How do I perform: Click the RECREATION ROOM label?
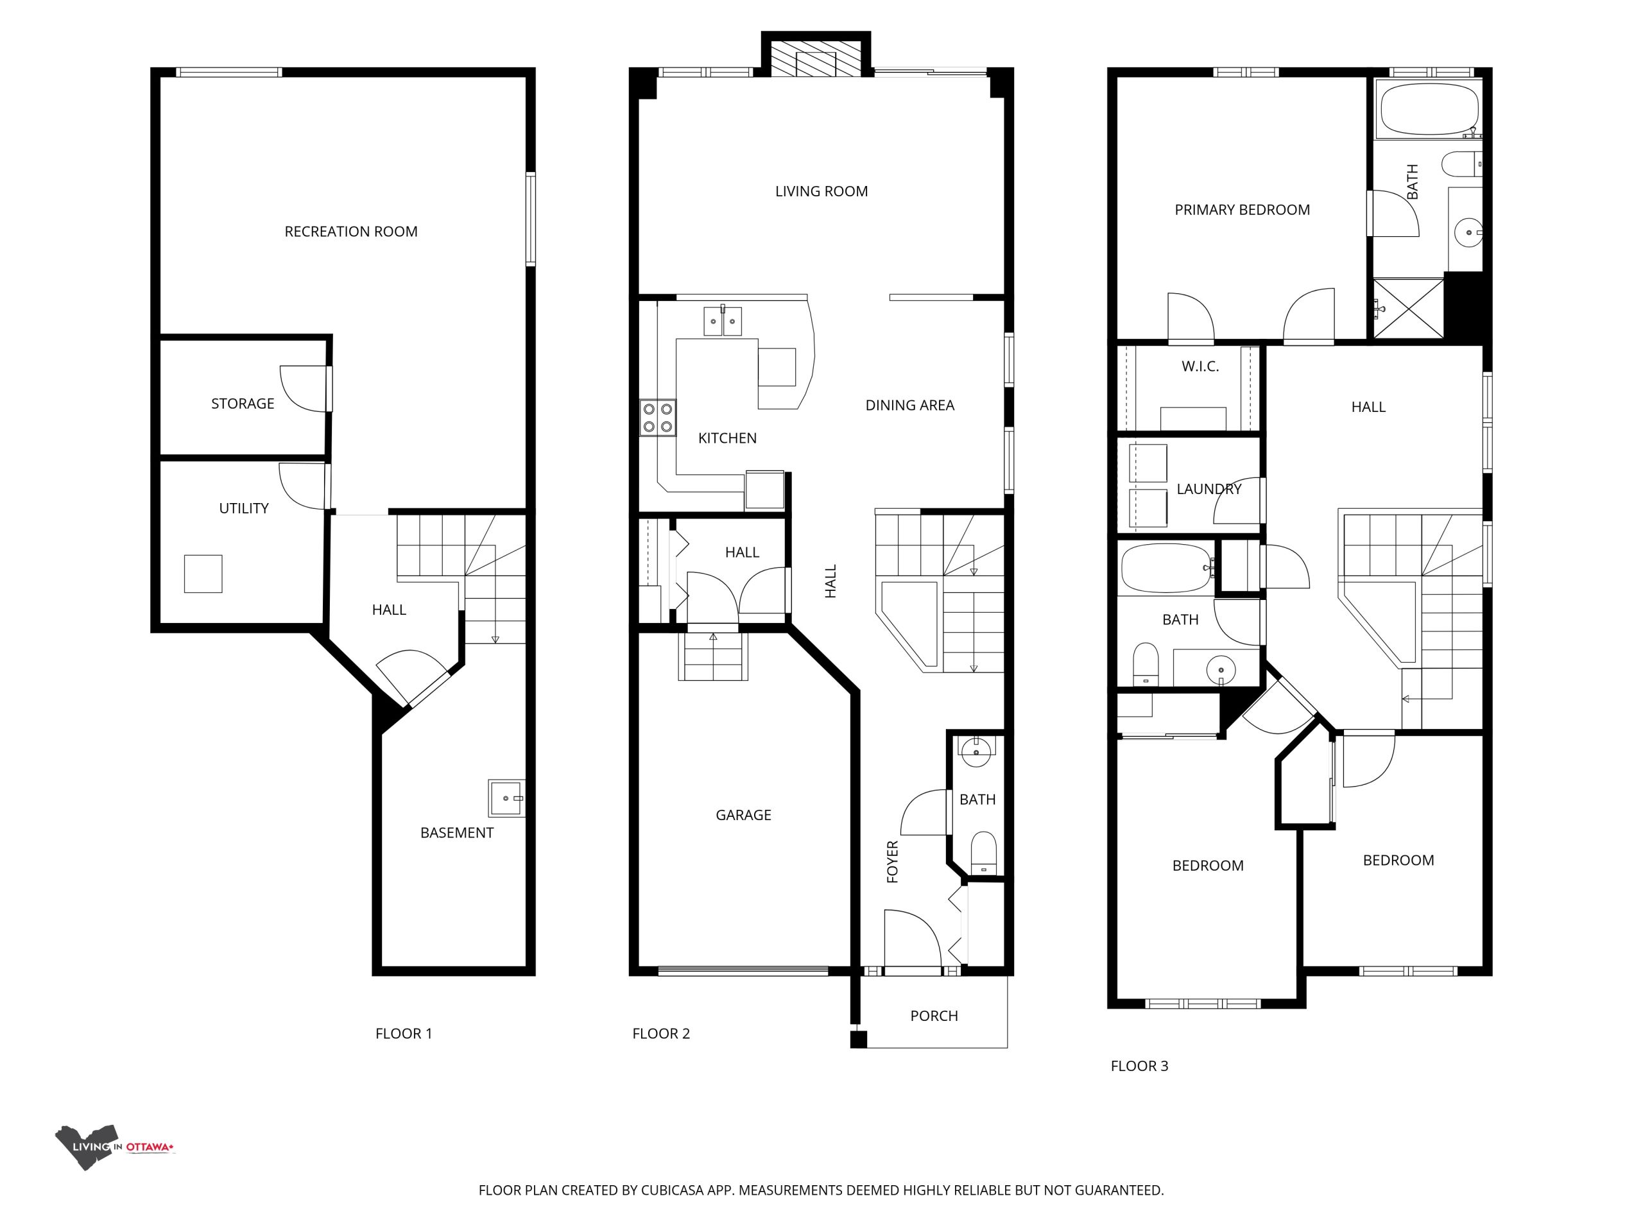(350, 232)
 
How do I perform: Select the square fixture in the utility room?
(203, 574)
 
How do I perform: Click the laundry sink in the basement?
(506, 798)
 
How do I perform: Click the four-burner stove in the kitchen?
(658, 418)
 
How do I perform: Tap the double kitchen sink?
(723, 321)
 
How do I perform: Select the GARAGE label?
(743, 816)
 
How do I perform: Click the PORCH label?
(934, 1016)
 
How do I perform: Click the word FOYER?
(893, 861)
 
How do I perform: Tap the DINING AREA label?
(910, 406)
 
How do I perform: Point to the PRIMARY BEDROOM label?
(1242, 210)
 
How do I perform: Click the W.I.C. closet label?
(1200, 367)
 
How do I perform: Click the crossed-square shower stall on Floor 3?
(1408, 309)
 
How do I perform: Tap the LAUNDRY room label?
(1209, 490)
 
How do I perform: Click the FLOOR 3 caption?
(1139, 1066)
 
